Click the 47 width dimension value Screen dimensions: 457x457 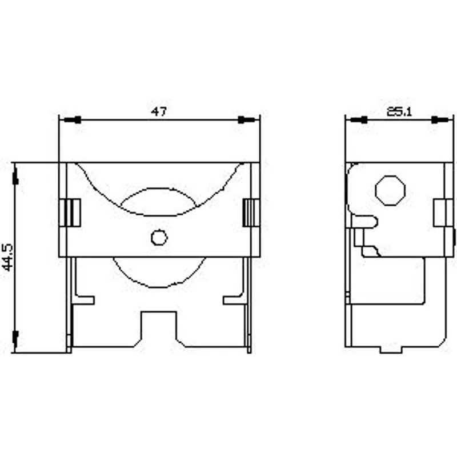tap(159, 111)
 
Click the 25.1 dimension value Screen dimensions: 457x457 tap(399, 111)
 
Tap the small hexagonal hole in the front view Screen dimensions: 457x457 tap(159, 237)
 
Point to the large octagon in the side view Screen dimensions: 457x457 tap(390, 191)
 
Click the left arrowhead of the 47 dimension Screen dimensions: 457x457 tap(73, 120)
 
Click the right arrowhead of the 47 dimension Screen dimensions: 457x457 tap(247, 120)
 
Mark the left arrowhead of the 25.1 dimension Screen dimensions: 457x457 tap(359, 120)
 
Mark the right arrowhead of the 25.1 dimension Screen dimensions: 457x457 tap(440, 120)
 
